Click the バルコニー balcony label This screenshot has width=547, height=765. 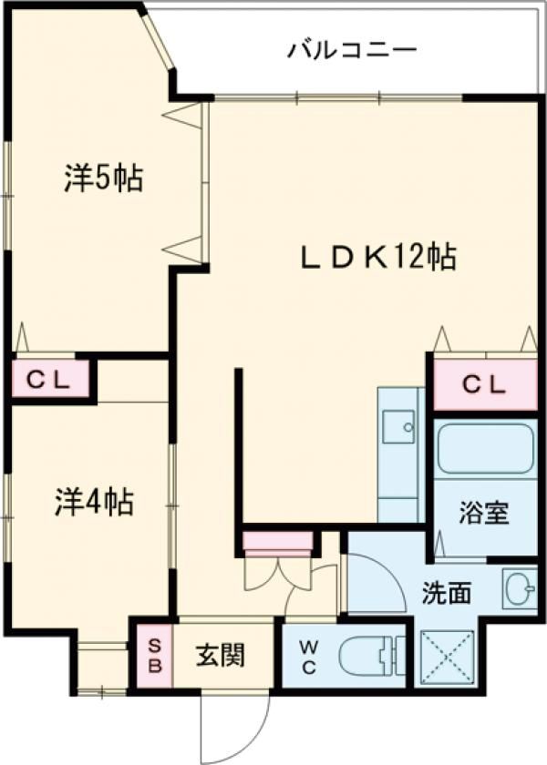coord(352,48)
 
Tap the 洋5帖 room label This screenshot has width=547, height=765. coord(102,178)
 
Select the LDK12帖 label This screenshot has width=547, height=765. coord(378,258)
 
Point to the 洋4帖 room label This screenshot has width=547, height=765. coord(95,500)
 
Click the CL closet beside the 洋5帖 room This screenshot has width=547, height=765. coord(50,380)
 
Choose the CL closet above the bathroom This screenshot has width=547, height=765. coord(483,384)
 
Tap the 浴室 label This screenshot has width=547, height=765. coord(483,513)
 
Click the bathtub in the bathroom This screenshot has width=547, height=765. coord(483,448)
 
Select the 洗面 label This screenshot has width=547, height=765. coord(446,593)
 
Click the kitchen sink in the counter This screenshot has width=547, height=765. coord(399,425)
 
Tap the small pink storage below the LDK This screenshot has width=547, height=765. coord(278,544)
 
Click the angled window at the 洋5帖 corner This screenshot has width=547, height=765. coord(160,41)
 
